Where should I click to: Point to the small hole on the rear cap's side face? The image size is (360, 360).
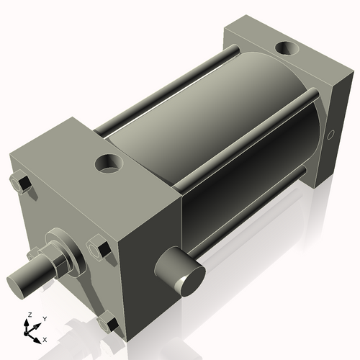(x=331, y=135)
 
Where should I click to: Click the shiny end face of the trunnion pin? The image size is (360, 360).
(x=191, y=279)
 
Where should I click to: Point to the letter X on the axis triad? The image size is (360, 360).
(x=45, y=338)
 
